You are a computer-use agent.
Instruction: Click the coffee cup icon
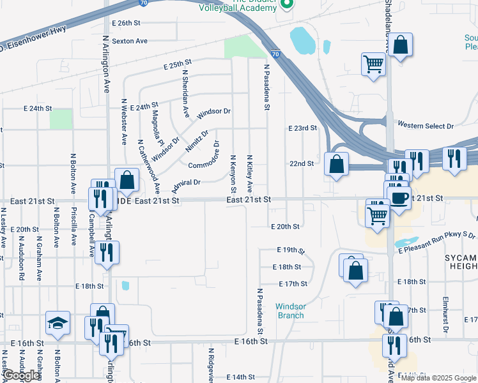399,197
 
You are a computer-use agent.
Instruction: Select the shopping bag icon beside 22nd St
336,165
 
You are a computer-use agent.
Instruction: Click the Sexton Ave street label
130,41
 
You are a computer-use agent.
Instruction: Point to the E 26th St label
125,22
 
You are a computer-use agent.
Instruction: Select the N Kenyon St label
233,174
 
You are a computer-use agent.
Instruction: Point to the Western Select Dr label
425,126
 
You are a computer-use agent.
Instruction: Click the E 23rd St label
303,128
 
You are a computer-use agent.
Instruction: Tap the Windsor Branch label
291,311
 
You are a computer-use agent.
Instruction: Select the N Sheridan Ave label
185,93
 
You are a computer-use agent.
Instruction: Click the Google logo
20,375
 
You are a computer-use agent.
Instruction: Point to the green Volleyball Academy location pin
287,6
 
